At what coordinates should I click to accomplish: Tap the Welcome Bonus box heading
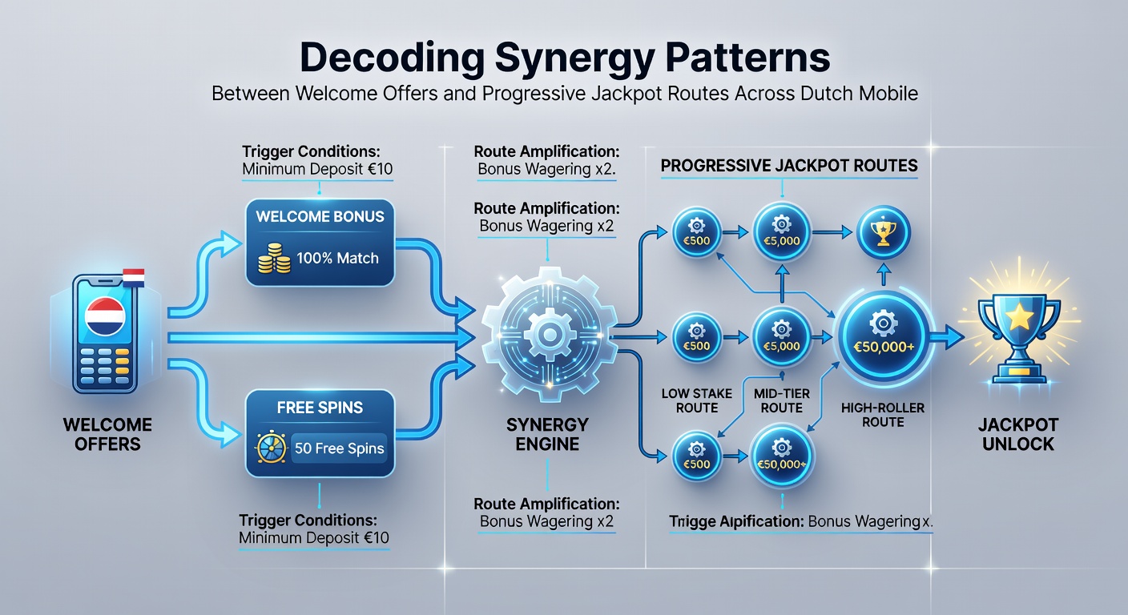point(320,216)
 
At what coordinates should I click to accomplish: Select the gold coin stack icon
point(274,258)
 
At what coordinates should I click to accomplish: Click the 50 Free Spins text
point(339,448)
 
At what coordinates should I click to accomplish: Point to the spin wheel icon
point(272,447)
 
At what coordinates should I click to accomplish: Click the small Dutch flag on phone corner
point(134,278)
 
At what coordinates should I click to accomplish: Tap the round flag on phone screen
point(105,316)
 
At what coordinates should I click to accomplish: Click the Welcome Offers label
point(107,434)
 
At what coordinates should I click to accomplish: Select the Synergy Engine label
point(547,434)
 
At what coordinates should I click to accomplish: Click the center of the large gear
point(550,334)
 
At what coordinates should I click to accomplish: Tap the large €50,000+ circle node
point(884,336)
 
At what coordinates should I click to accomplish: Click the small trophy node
point(884,232)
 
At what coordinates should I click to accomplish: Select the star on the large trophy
point(1019,317)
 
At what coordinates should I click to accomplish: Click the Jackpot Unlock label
point(1018,434)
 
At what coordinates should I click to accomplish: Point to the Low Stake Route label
point(697,400)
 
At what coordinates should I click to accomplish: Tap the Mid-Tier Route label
point(782,400)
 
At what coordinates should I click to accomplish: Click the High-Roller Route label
point(883,415)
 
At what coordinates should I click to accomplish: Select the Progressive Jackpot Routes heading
point(789,166)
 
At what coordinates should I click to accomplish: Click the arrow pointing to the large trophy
point(947,336)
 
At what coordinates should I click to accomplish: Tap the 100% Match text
point(337,258)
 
